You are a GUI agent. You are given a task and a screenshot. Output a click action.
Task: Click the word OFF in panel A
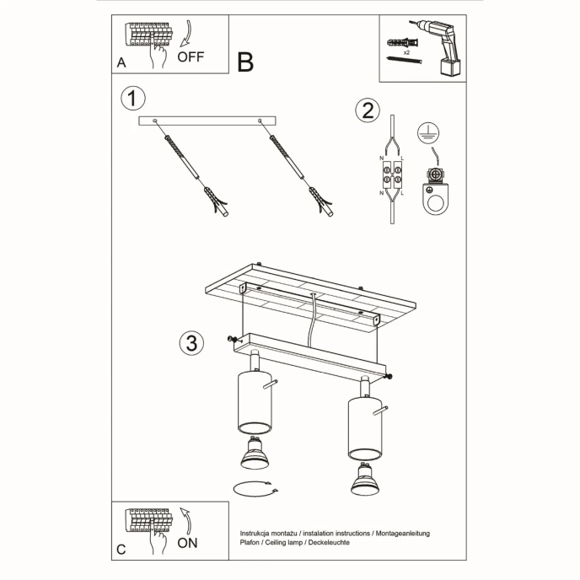point(191,57)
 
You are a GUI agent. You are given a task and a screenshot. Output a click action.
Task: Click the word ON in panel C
point(187,542)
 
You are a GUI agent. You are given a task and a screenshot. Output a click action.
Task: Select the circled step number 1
point(130,98)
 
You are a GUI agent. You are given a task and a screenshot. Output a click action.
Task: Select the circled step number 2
point(366,110)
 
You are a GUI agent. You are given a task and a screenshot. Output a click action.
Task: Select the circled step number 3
point(191,342)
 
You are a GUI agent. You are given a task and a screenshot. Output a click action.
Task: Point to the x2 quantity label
point(406,52)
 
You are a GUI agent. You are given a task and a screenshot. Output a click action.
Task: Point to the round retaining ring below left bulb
point(253,490)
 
